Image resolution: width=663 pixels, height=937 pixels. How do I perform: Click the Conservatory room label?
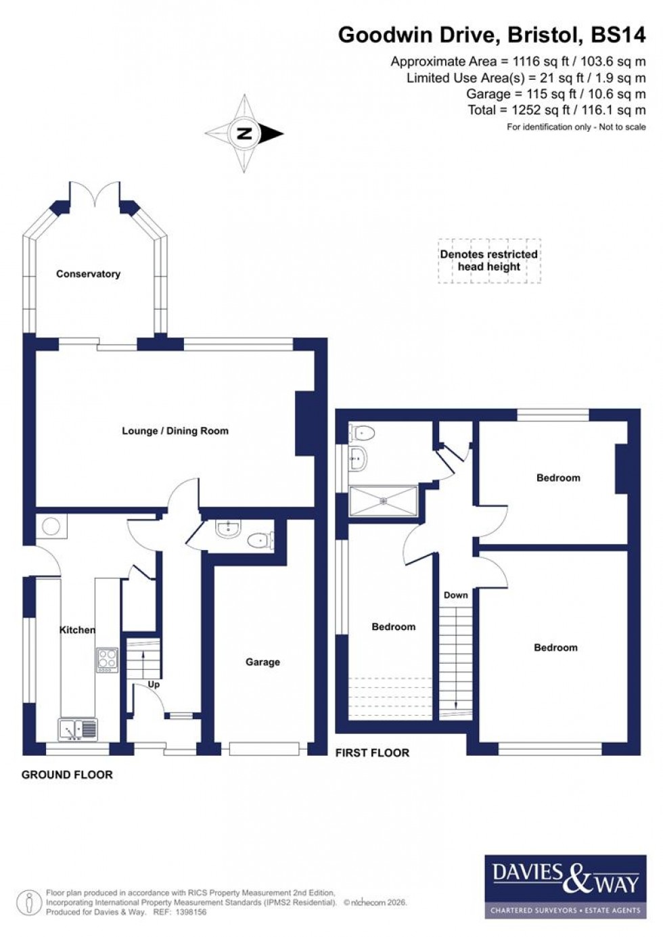click(88, 274)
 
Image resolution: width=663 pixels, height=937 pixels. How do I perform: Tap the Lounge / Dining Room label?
click(175, 431)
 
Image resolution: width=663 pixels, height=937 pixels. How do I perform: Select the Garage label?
click(262, 662)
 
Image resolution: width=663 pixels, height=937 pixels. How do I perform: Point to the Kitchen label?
click(78, 630)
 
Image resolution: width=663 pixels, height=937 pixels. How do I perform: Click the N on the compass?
click(244, 133)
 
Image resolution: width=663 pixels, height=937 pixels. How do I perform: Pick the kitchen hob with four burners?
click(108, 660)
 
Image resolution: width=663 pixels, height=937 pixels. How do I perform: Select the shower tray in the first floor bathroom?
click(384, 501)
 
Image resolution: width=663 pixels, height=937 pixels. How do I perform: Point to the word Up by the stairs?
click(154, 685)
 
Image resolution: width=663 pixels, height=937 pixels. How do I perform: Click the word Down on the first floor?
click(455, 595)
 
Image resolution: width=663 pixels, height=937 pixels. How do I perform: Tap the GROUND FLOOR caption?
click(67, 775)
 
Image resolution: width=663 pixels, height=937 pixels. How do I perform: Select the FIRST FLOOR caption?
click(372, 752)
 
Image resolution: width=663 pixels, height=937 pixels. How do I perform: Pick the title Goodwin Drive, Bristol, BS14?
click(492, 35)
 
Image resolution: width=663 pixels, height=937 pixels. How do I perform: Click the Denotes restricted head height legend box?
click(489, 260)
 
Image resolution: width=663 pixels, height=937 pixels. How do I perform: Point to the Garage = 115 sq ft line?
click(555, 94)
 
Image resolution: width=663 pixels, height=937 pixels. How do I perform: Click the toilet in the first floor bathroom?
click(363, 432)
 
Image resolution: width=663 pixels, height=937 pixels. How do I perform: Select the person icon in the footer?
click(29, 902)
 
